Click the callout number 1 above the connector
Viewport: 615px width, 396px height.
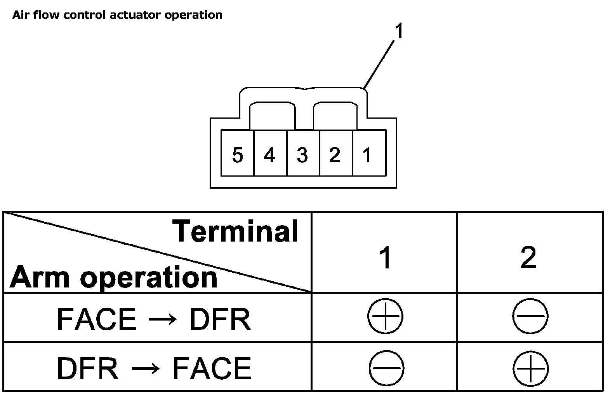(399, 32)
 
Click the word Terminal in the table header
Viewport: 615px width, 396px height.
(235, 231)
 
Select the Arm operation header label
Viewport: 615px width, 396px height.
(113, 277)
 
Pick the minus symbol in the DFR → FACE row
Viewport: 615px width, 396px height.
(386, 368)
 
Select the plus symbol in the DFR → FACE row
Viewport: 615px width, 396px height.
(531, 368)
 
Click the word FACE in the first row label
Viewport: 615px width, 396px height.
(96, 319)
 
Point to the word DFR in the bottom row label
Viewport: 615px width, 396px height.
(87, 368)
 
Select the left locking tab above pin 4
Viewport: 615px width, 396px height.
(272, 116)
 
